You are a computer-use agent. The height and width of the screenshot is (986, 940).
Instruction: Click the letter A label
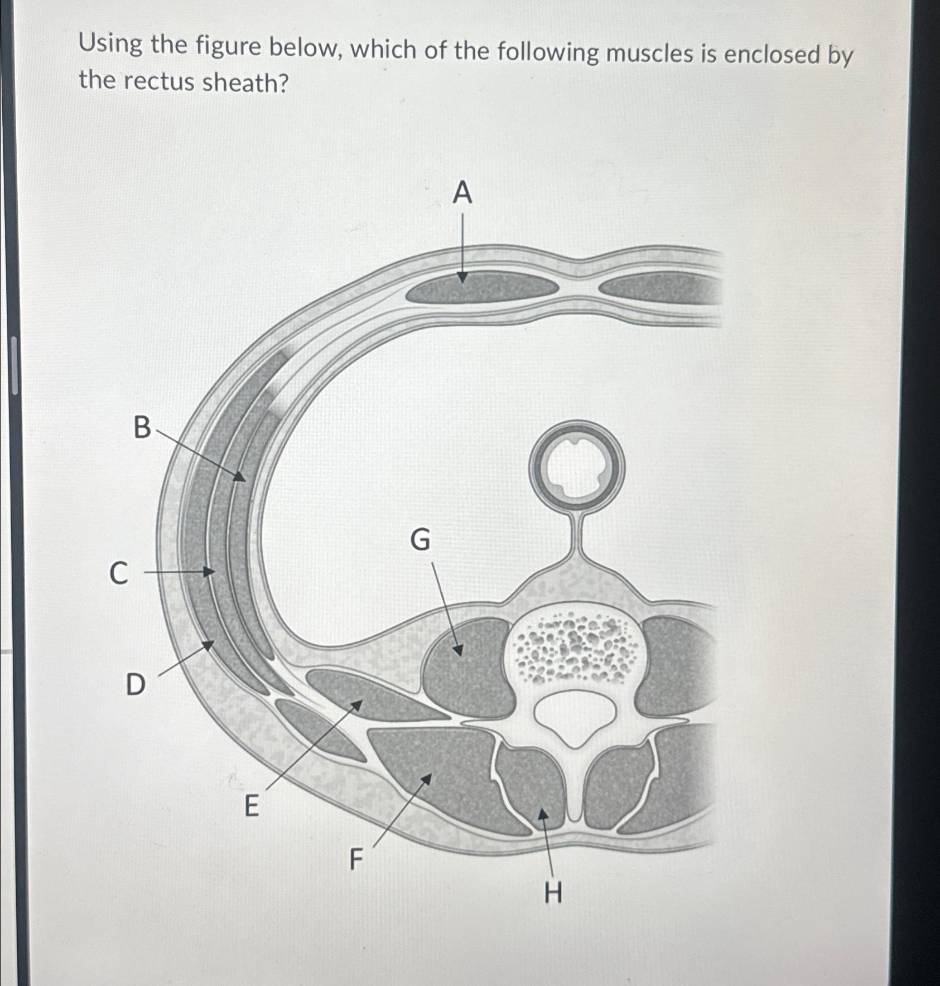tap(462, 194)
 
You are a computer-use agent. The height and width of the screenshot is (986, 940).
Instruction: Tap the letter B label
tap(142, 428)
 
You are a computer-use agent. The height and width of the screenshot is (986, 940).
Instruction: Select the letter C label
tap(118, 573)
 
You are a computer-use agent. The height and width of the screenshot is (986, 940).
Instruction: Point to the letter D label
tap(135, 684)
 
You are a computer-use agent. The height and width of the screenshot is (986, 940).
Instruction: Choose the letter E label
tap(252, 806)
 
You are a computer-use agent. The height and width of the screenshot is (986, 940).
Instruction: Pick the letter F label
tap(356, 859)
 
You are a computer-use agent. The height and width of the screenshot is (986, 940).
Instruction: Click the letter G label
tap(420, 540)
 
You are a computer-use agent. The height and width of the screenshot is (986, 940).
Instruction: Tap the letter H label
tap(553, 893)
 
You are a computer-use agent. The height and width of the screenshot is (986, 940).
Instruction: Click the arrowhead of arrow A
tap(462, 279)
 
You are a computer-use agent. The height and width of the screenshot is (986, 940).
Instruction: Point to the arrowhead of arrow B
tap(240, 477)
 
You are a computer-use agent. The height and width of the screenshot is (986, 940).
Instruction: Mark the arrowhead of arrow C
tap(210, 572)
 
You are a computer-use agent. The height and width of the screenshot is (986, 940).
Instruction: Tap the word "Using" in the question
tap(111, 44)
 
